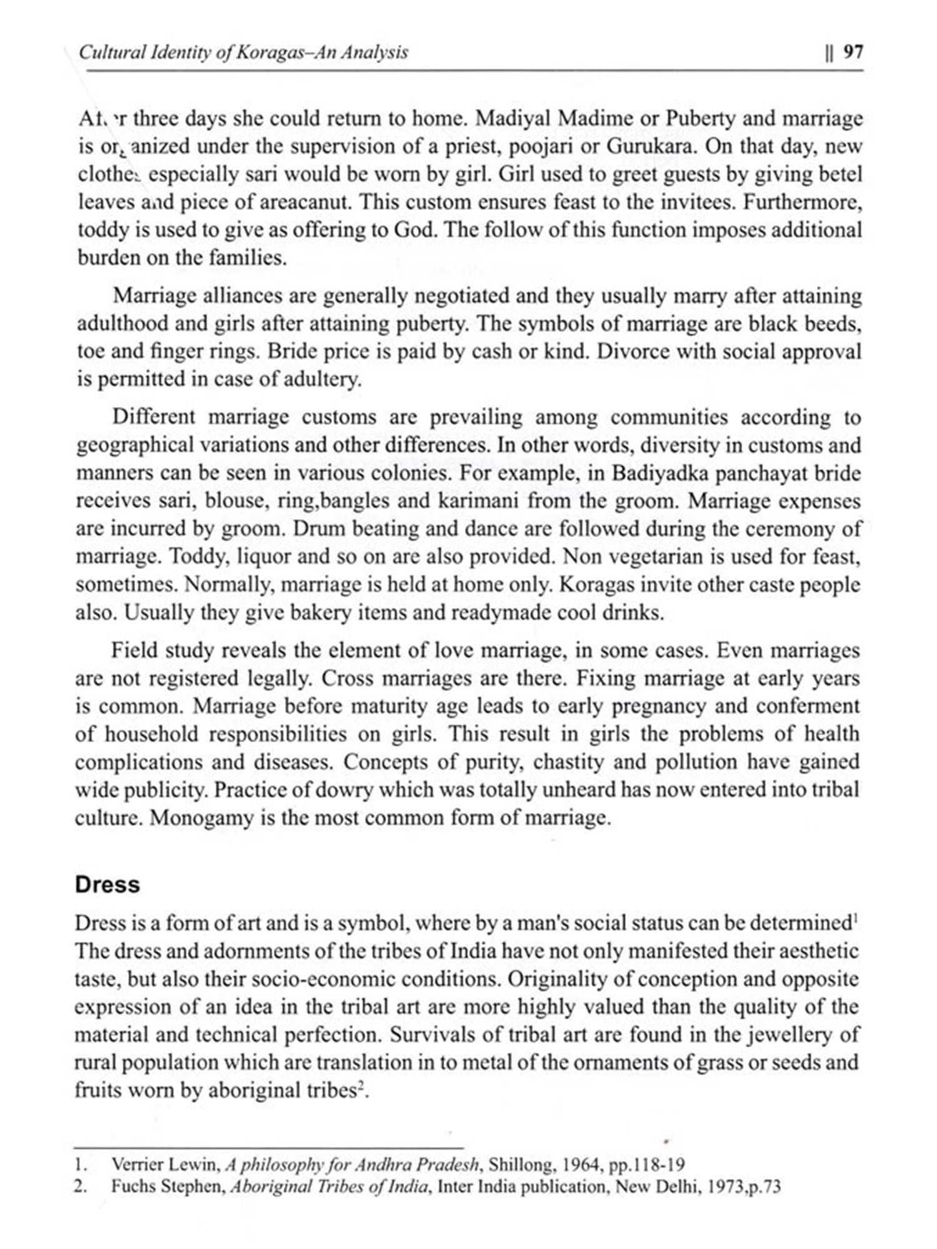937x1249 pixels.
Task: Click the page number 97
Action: (853, 52)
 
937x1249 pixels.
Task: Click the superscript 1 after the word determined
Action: (855, 918)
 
